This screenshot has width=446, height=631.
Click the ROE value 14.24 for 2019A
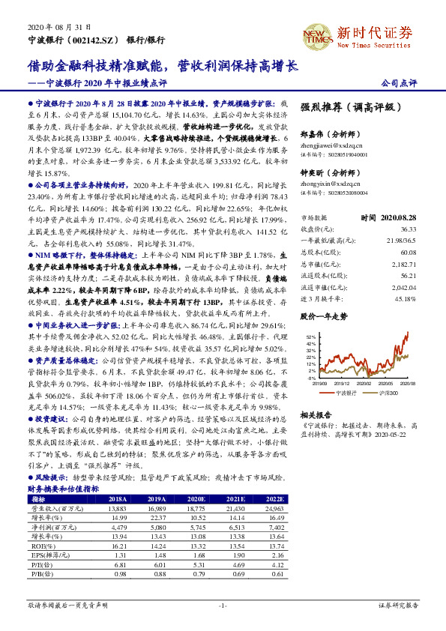point(155,546)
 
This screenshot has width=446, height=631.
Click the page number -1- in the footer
point(223,604)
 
